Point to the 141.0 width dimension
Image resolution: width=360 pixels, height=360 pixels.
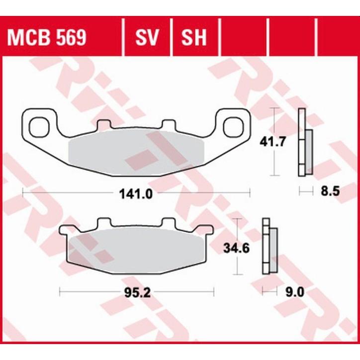pos(136,193)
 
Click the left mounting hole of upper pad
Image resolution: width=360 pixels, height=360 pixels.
pos(39,126)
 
